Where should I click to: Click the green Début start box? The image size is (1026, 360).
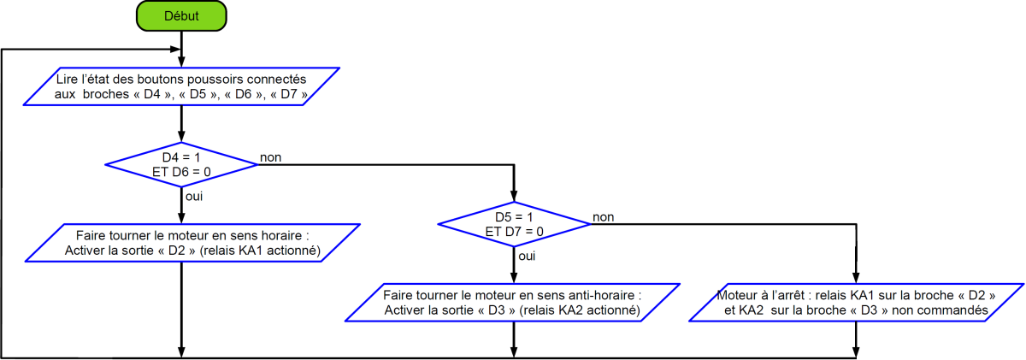pyautogui.click(x=181, y=16)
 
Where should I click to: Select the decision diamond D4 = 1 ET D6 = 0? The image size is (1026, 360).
pyautogui.click(x=181, y=164)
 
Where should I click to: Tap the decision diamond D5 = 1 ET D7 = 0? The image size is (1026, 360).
pyautogui.click(x=514, y=224)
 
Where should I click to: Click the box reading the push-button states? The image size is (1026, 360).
pyautogui.click(x=181, y=86)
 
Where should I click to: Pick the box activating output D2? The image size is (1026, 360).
pyautogui.click(x=192, y=243)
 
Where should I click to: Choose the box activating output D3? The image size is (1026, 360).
pyautogui.click(x=512, y=303)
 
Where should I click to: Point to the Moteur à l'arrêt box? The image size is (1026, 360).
pyautogui.click(x=856, y=303)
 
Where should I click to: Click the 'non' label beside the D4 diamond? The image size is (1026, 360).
pyautogui.click(x=271, y=157)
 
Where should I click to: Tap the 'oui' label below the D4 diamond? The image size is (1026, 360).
pyautogui.click(x=194, y=196)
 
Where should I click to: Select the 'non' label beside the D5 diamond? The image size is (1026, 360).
pyautogui.click(x=604, y=216)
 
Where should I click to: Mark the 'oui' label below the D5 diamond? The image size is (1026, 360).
pyautogui.click(x=527, y=256)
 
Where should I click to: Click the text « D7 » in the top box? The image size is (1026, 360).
pyautogui.click(x=289, y=94)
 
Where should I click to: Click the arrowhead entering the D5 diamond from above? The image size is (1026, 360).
pyautogui.click(x=514, y=197)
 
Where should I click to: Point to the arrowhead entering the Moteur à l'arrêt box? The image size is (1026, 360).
pyautogui.click(x=856, y=278)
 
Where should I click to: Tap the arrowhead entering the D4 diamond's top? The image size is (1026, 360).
pyautogui.click(x=181, y=137)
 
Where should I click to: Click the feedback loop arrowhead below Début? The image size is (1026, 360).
pyautogui.click(x=175, y=49)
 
